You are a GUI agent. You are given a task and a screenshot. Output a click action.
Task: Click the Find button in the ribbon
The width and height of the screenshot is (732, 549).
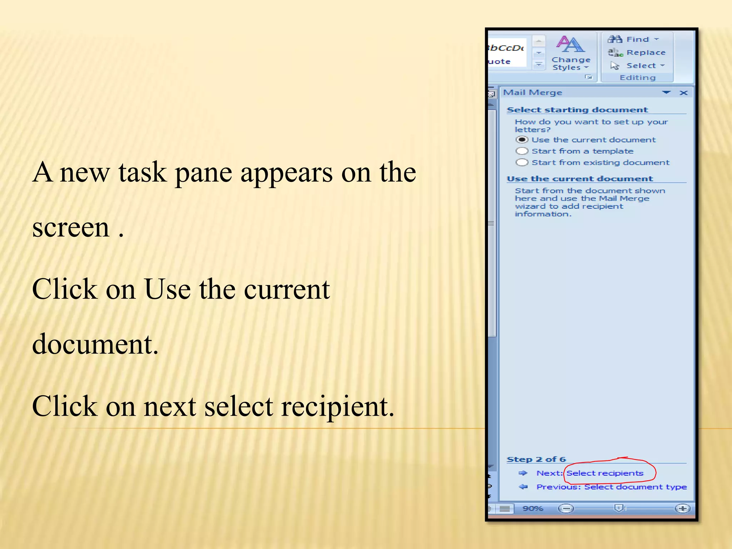coord(633,39)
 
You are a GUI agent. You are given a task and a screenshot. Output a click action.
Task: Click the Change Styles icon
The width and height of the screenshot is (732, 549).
coord(570,45)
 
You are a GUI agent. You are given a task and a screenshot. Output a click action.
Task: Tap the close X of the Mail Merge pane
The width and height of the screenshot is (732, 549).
coord(683,93)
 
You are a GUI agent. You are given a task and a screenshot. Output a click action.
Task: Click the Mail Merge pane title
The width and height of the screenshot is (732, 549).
coord(533,93)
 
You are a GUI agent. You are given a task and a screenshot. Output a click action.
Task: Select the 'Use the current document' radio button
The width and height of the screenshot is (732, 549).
coord(522,140)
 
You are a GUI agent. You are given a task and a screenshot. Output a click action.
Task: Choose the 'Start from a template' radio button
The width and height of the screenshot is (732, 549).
coord(522,151)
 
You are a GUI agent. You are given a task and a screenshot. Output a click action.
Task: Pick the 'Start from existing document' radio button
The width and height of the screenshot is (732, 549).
coord(522,163)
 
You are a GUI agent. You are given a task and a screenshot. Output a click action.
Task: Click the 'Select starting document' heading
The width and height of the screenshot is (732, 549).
coord(577,110)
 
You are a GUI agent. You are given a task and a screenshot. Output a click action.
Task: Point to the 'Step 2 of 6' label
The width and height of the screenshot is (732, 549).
coord(536,459)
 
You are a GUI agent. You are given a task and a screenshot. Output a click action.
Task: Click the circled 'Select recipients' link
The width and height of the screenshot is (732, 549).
coord(605,473)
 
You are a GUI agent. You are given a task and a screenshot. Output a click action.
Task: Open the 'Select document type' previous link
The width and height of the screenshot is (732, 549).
coord(635,487)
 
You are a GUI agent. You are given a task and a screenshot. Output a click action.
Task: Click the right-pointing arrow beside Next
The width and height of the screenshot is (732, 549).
coord(523,473)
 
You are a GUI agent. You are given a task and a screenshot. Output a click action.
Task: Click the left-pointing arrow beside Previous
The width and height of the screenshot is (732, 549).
coord(523,487)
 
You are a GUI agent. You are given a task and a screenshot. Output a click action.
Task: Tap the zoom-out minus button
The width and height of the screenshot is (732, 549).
coord(566,508)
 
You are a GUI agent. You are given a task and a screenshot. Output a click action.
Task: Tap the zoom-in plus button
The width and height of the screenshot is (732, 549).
coord(682,508)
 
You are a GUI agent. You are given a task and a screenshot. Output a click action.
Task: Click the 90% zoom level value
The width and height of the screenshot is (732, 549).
coord(533,508)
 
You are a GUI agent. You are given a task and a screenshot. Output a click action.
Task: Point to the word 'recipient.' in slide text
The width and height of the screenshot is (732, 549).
coord(338,407)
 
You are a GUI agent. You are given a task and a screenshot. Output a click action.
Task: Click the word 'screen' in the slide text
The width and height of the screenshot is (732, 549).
coord(71,228)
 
